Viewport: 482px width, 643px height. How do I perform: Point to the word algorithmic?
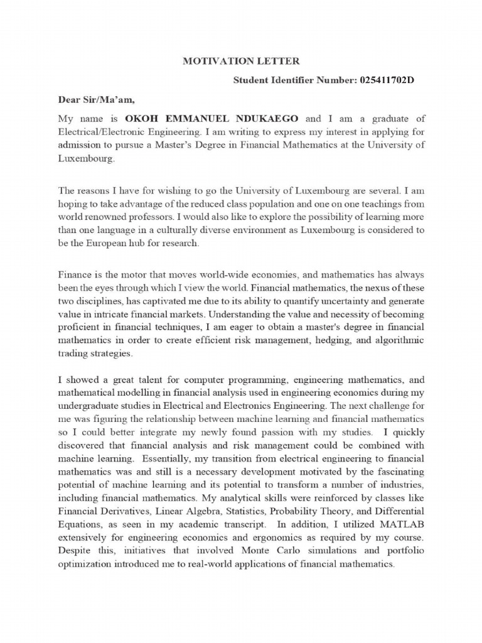pos(395,340)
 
